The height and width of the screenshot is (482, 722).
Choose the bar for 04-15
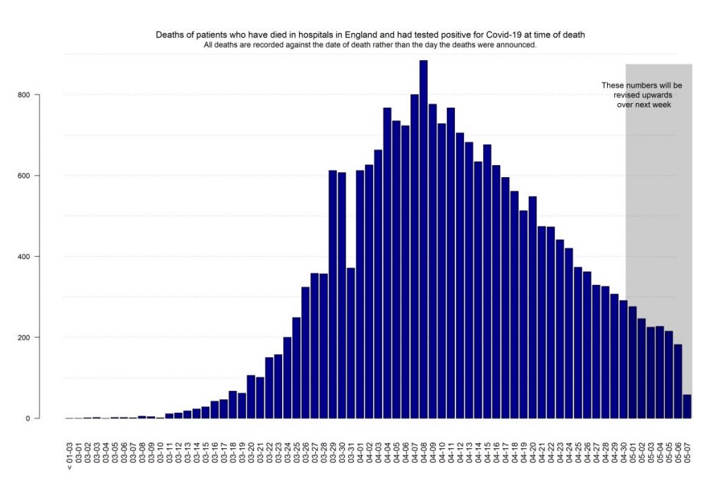pyautogui.click(x=487, y=282)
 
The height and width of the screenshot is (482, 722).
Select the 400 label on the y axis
pyautogui.click(x=25, y=257)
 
